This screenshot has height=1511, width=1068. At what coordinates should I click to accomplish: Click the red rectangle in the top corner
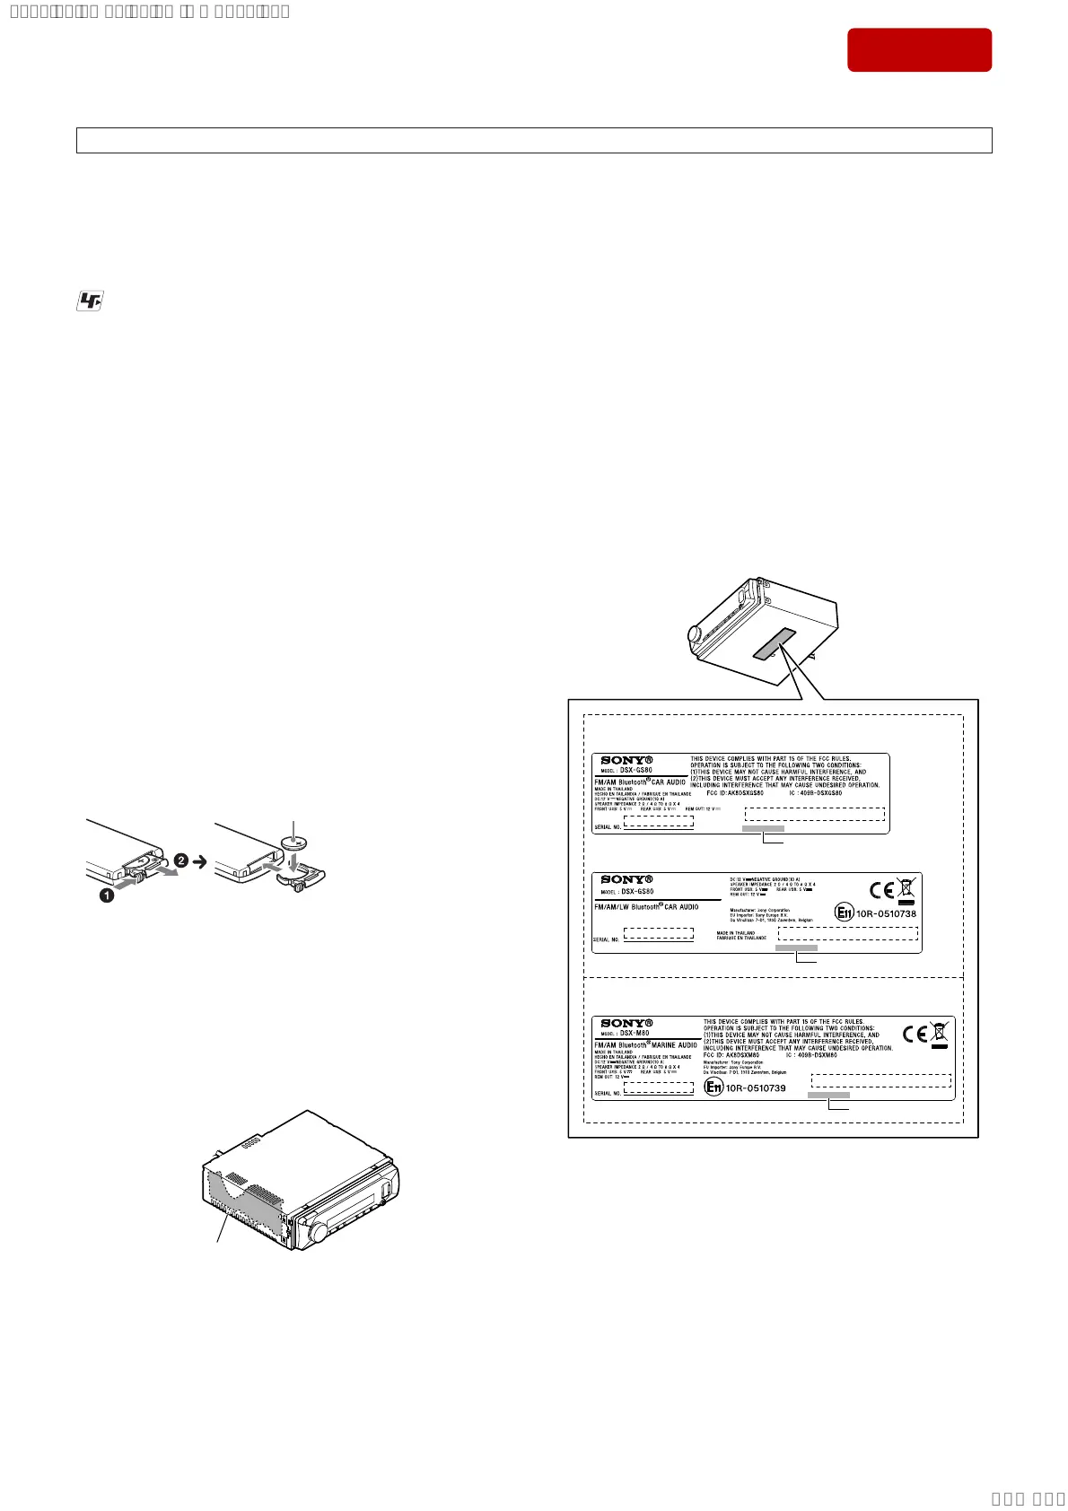click(919, 49)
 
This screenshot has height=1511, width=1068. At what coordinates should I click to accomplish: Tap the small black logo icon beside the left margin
click(88, 302)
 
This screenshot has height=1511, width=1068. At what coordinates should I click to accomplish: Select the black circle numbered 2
click(180, 860)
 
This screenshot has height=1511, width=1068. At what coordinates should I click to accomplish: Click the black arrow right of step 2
click(200, 860)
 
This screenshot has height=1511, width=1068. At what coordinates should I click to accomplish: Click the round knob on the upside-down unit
click(696, 633)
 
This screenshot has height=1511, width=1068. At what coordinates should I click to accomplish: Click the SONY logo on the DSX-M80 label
click(626, 1023)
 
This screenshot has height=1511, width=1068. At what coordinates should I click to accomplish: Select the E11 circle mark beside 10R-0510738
click(844, 913)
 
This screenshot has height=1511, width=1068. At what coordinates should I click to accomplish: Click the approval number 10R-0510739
click(756, 1087)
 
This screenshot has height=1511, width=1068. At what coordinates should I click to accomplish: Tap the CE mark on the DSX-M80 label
click(915, 1035)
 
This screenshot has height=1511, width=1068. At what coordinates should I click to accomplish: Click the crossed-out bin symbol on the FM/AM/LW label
click(906, 889)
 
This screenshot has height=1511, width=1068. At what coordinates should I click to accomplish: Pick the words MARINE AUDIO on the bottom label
click(675, 1045)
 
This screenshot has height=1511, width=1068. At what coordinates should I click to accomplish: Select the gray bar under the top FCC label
click(763, 829)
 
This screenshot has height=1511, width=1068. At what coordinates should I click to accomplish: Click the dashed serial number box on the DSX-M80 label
click(659, 1087)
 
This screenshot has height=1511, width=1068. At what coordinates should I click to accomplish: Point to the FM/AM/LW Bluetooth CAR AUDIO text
click(646, 907)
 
